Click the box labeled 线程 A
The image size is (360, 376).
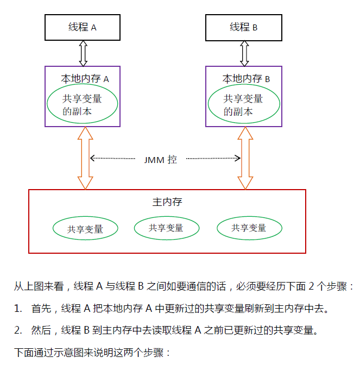(x=83, y=27)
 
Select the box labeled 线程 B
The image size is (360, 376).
(x=243, y=27)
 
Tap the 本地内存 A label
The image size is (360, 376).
(x=85, y=79)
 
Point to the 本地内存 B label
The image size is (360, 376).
(x=246, y=79)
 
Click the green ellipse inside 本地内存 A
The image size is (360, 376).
(x=83, y=105)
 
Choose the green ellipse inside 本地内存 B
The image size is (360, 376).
(x=244, y=105)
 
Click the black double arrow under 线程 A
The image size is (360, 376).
(x=83, y=53)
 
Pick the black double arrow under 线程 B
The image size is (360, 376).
(x=244, y=53)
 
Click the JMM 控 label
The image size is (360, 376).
(x=161, y=160)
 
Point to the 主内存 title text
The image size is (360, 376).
(x=167, y=202)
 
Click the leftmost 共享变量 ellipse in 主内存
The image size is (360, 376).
(x=85, y=229)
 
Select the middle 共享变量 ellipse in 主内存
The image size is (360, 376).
(x=166, y=228)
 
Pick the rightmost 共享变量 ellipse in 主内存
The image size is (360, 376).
(x=249, y=228)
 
